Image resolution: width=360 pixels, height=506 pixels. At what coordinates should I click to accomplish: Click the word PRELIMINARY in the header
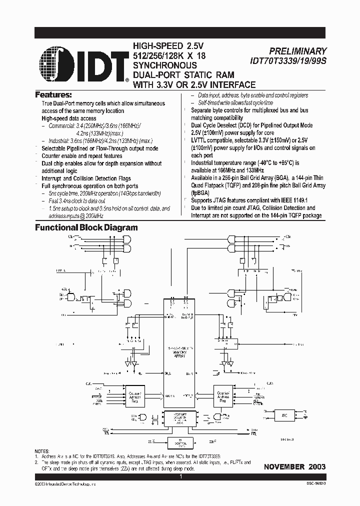point(297,51)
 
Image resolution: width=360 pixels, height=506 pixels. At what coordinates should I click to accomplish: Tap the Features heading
point(53,94)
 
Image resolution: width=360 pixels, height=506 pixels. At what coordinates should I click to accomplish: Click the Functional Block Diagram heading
point(85,227)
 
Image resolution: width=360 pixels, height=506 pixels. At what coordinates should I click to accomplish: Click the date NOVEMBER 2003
point(295,466)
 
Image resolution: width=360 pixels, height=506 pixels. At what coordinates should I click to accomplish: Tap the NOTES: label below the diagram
point(42,451)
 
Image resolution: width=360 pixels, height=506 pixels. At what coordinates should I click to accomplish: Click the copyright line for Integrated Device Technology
point(58,485)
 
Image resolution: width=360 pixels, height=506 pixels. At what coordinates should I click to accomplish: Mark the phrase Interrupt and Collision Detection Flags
point(86,178)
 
